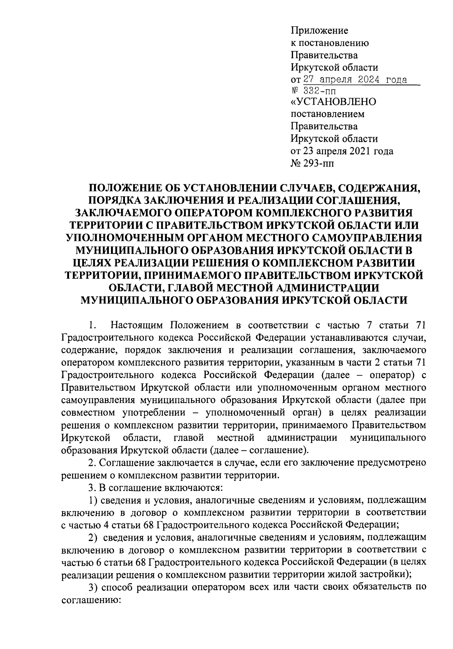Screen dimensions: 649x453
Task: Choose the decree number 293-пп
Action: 318,163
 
